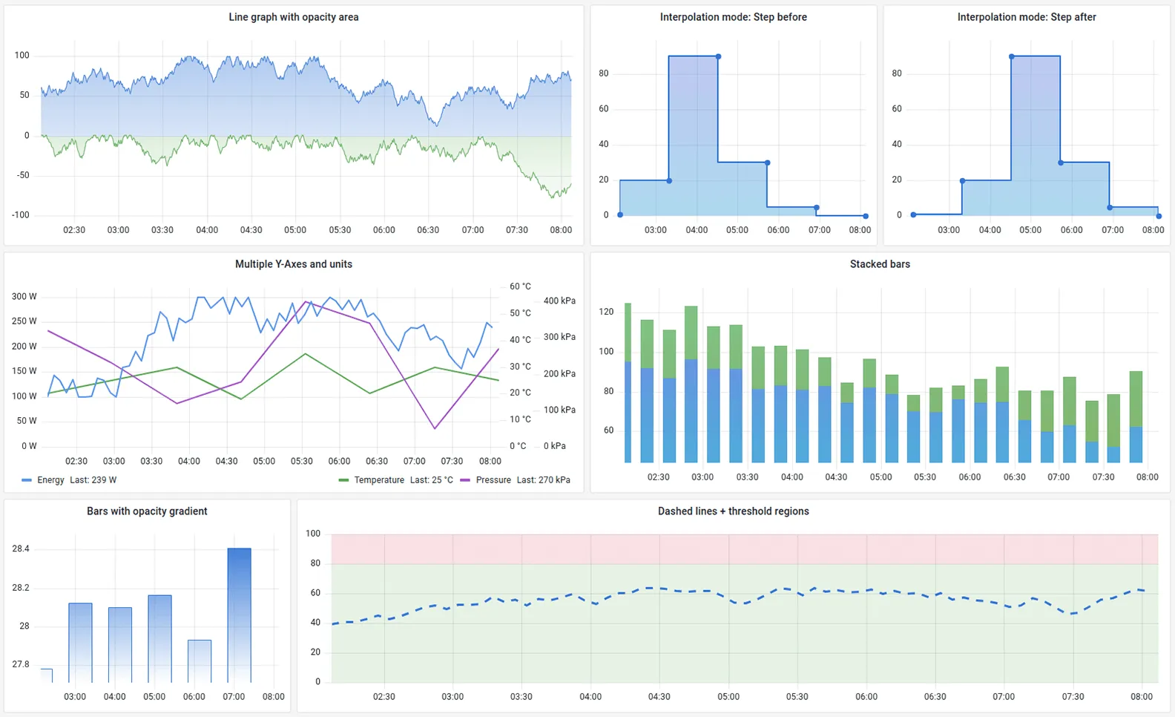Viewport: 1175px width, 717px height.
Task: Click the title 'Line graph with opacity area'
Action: tap(293, 17)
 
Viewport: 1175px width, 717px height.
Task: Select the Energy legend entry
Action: tap(50, 480)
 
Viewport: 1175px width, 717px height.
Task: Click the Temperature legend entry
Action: tap(379, 480)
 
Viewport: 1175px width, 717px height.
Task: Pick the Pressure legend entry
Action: tap(493, 480)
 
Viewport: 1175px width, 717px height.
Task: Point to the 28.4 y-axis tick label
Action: tap(21, 549)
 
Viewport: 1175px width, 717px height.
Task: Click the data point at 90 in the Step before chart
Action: tap(718, 57)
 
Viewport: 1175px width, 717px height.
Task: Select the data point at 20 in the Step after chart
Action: tap(962, 181)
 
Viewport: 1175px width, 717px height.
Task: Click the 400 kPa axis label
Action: tap(559, 301)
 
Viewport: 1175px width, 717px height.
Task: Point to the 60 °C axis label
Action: tap(520, 287)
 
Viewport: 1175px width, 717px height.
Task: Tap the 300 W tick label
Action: tap(24, 297)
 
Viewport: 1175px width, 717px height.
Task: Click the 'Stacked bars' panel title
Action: tap(880, 264)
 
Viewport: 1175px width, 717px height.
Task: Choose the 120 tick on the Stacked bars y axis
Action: tap(606, 312)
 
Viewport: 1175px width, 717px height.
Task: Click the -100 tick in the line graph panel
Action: tap(21, 215)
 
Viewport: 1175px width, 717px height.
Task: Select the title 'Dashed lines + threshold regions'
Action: tap(733, 511)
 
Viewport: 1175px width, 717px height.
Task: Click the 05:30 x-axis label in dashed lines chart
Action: tap(797, 697)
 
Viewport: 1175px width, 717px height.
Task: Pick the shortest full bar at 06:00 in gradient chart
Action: tap(200, 661)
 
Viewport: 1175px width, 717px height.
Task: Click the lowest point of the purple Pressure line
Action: tap(435, 428)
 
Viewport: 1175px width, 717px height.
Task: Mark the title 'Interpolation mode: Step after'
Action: tap(1026, 17)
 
